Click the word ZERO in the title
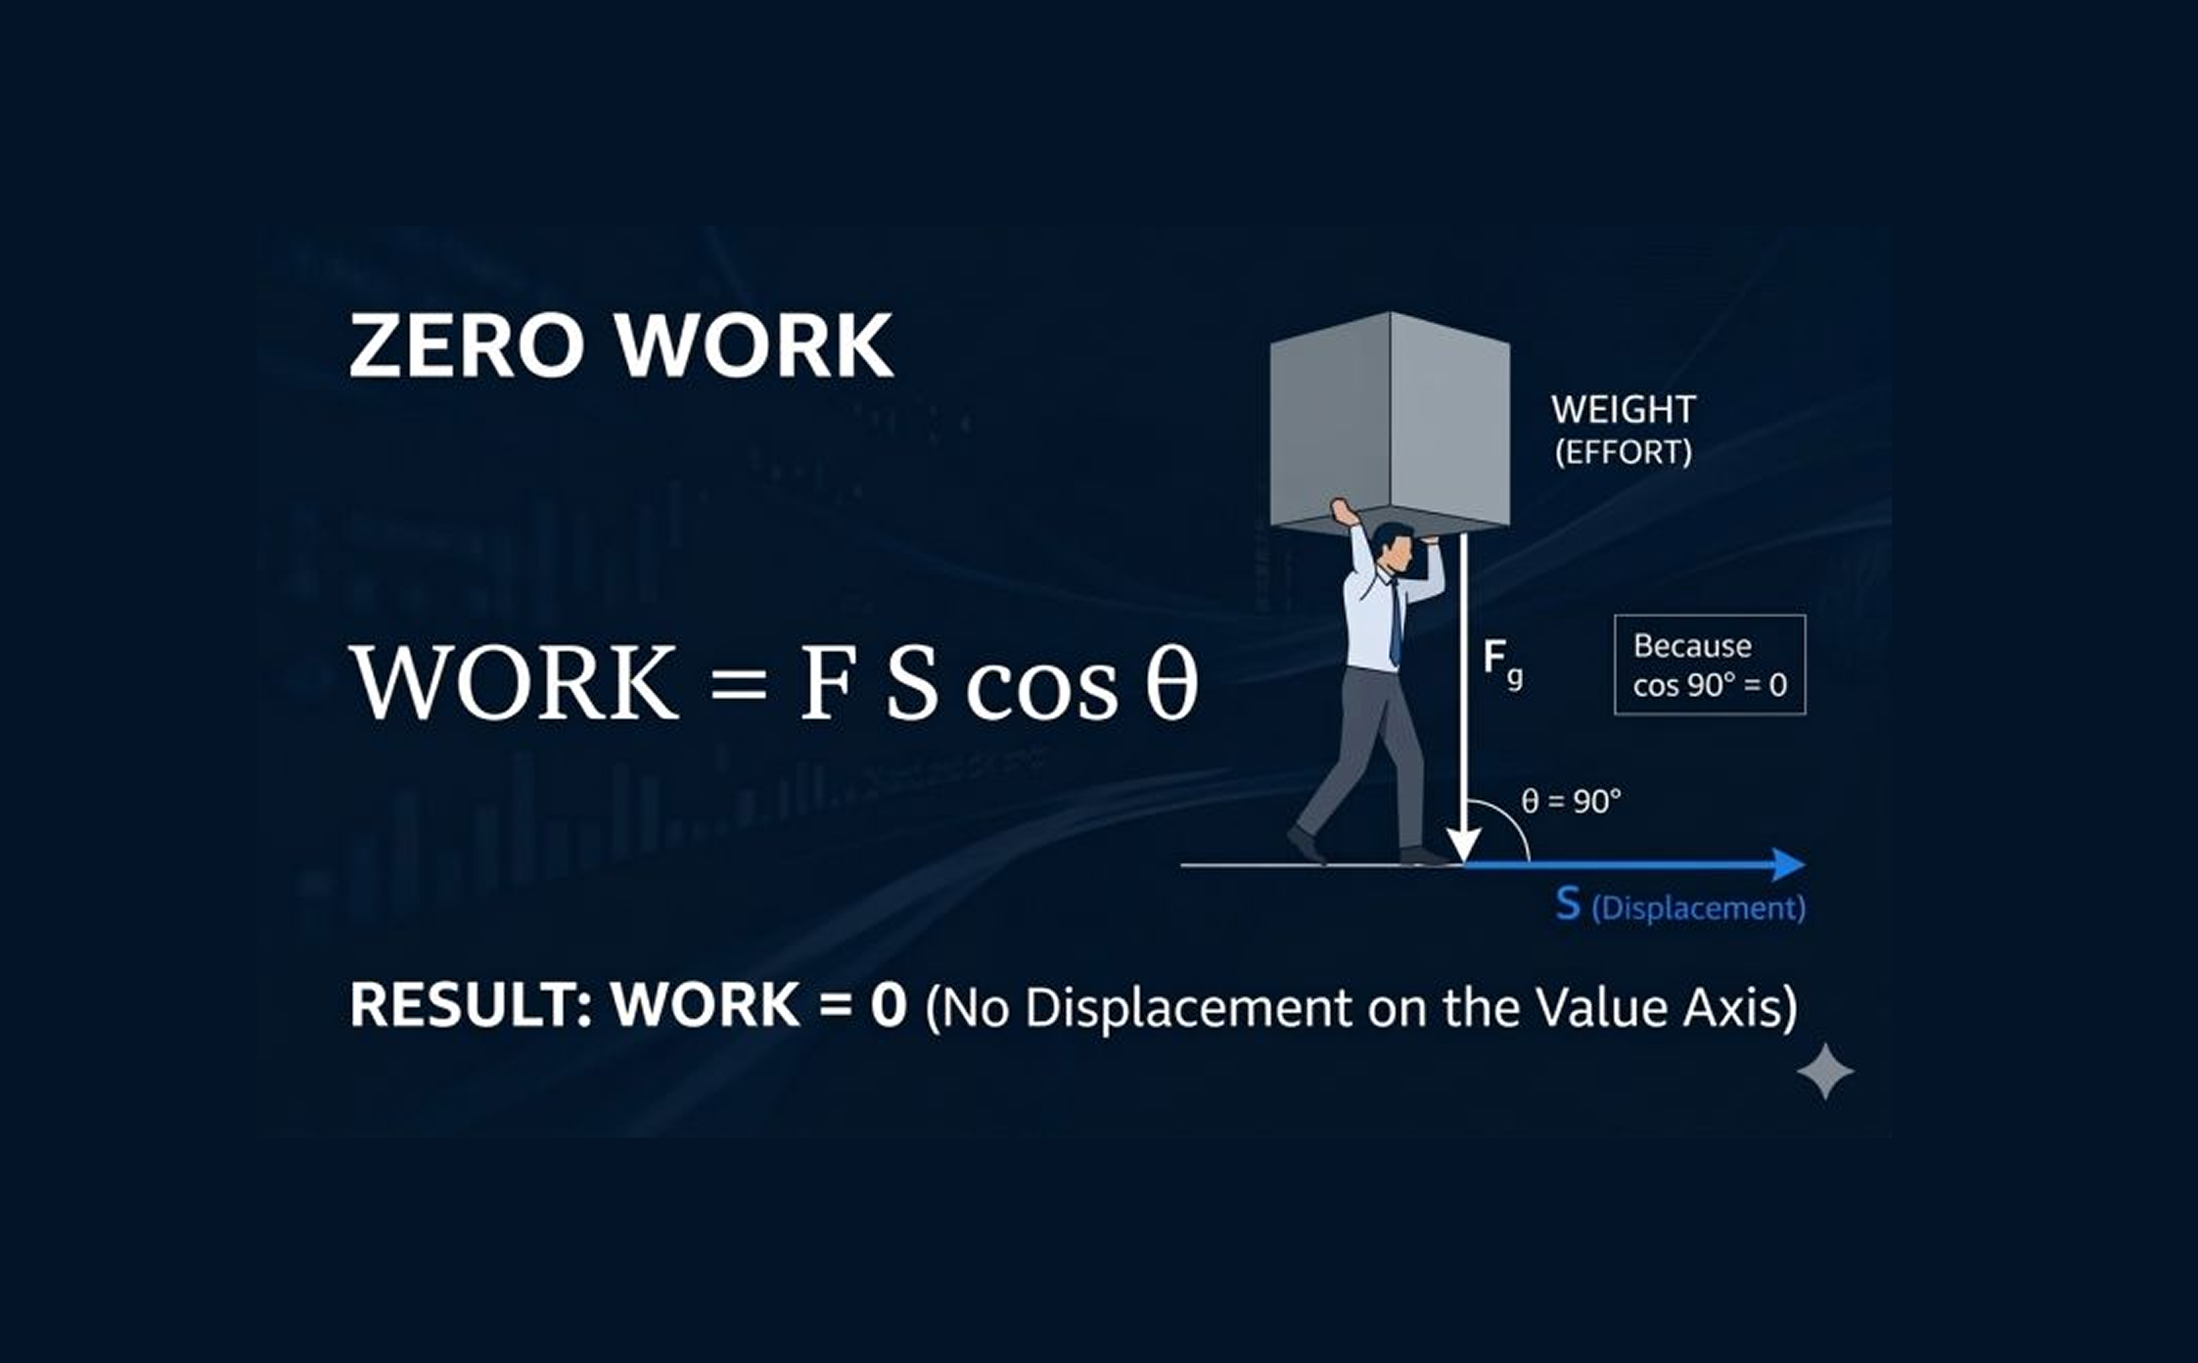coord(466,346)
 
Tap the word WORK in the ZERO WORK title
coord(754,346)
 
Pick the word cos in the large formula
coord(1041,690)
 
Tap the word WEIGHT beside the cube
coord(1623,410)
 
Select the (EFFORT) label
coord(1623,451)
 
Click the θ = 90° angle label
coord(1571,801)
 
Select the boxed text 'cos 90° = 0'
coord(1709,686)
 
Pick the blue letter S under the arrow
coord(1568,904)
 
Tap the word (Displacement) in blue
coord(1699,908)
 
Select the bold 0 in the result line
coord(888,1005)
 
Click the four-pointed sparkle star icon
coord(1825,1071)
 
